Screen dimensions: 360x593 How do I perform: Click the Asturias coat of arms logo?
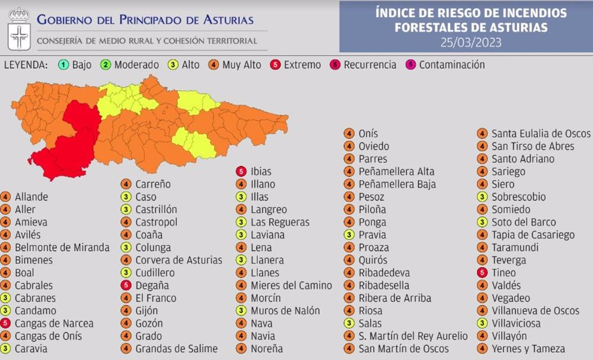19,28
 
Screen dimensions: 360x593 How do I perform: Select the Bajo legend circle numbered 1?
63,65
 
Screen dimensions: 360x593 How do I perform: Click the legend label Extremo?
302,65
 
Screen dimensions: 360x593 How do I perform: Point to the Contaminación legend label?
452,65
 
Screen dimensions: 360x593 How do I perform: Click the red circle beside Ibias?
241,171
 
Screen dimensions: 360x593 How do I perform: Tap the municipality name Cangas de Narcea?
54,323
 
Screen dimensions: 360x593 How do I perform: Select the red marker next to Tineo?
483,273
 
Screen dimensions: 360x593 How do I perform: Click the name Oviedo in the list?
374,146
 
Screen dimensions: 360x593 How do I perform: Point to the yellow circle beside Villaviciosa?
483,323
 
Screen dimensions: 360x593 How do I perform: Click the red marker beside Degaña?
126,285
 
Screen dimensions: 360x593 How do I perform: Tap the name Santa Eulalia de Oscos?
541,133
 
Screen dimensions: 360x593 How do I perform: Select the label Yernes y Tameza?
528,349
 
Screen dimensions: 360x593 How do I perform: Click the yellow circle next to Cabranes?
5,298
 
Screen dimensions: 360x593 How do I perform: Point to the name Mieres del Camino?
291,285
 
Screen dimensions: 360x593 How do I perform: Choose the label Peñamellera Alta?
397,171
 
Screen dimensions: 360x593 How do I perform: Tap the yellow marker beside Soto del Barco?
483,222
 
